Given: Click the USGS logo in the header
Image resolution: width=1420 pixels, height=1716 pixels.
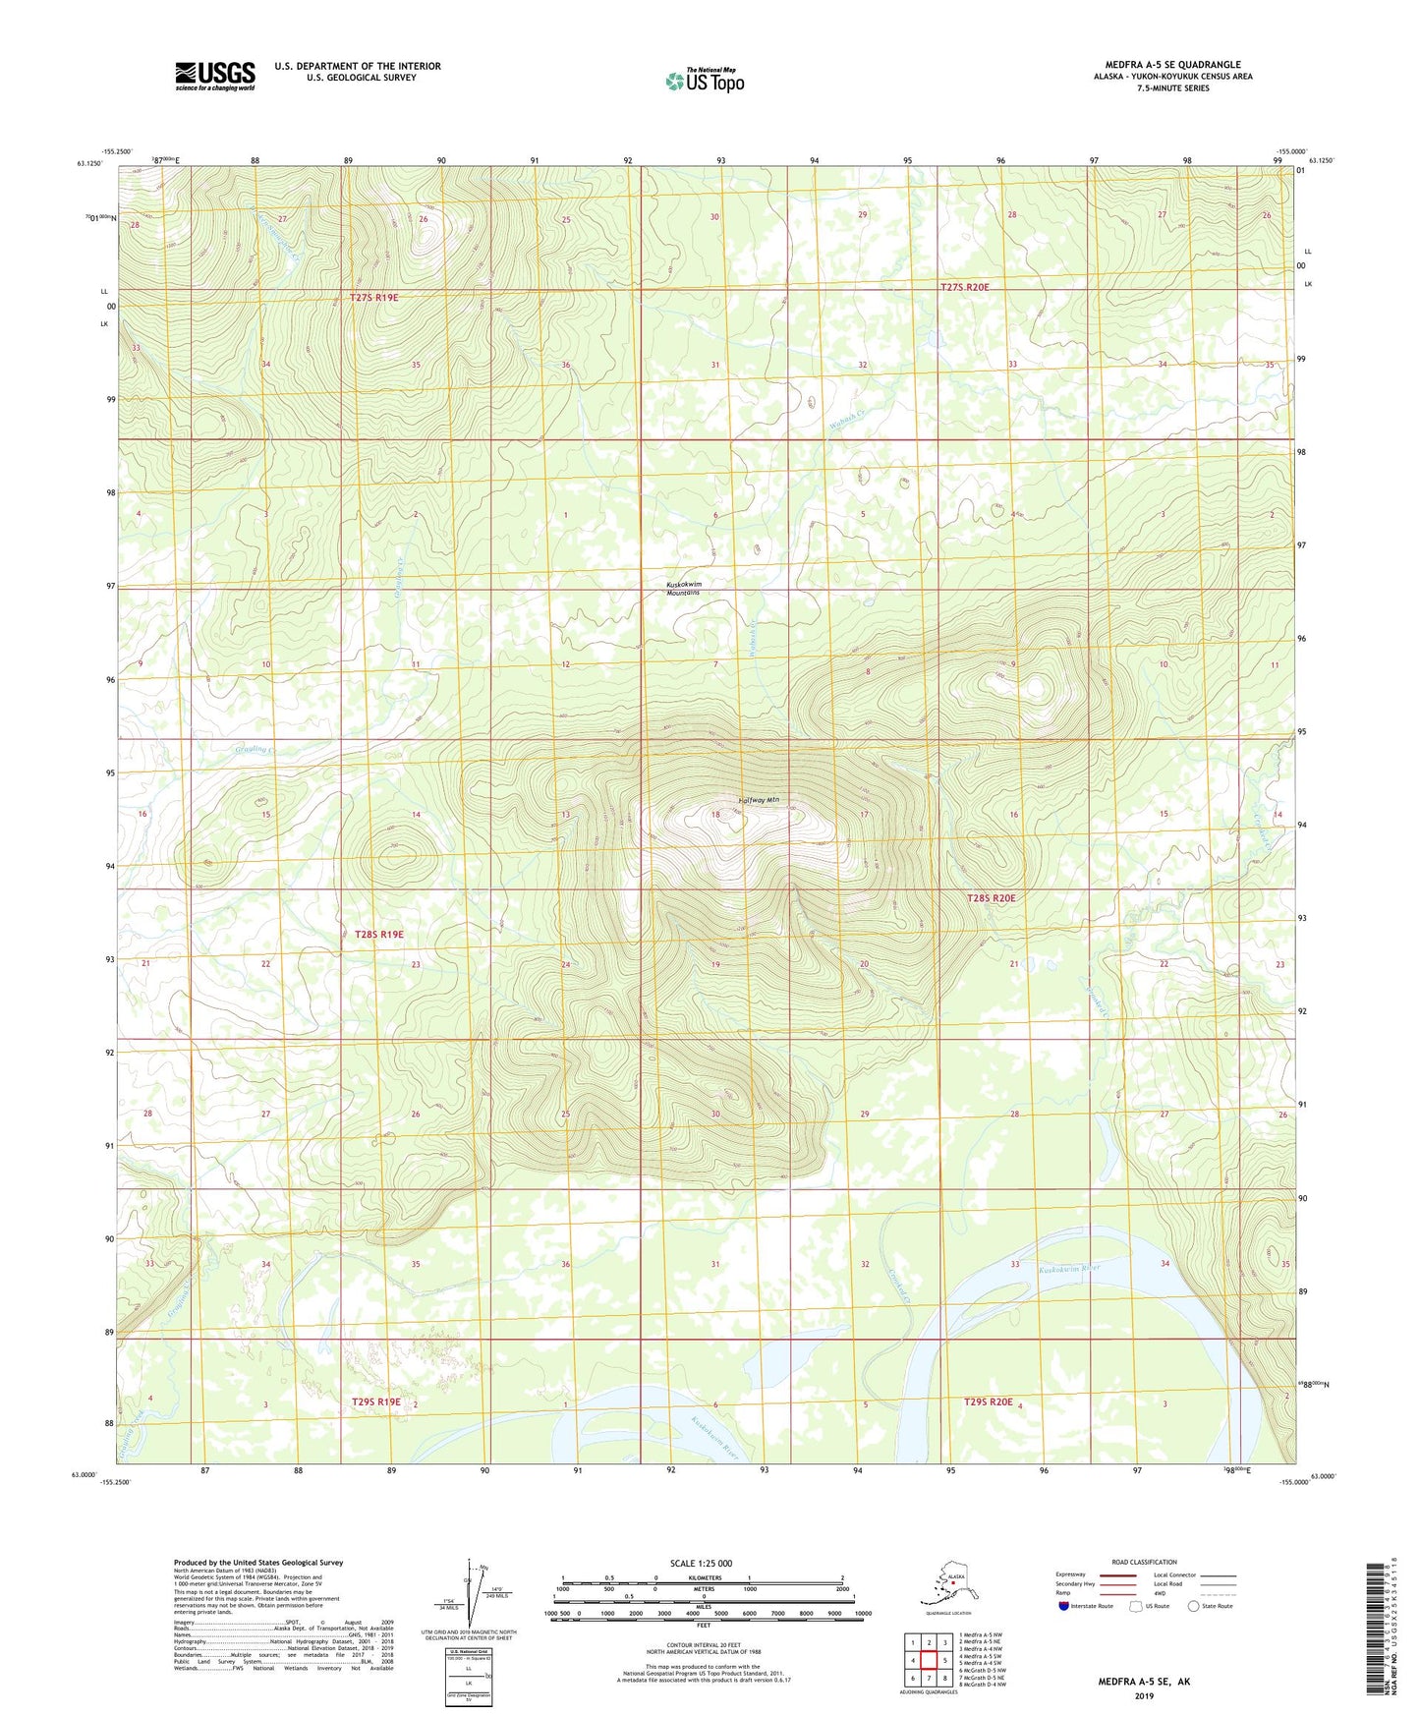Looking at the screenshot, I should pyautogui.click(x=214, y=76).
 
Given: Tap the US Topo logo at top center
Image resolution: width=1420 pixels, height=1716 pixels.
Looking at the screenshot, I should pyautogui.click(x=704, y=81).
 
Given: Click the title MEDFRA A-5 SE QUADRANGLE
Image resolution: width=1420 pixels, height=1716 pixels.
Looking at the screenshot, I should pyautogui.click(x=1172, y=65).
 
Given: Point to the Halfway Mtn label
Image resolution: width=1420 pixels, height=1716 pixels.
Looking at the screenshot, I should pyautogui.click(x=758, y=800).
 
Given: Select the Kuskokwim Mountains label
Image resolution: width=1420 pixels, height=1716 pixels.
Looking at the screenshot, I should pyautogui.click(x=684, y=589).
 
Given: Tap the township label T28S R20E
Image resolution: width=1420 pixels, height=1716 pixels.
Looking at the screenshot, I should pyautogui.click(x=991, y=897).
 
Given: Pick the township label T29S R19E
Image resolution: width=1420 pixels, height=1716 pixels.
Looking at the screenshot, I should pyautogui.click(x=376, y=1401).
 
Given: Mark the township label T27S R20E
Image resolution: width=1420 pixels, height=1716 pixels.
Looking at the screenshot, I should pyautogui.click(x=964, y=287).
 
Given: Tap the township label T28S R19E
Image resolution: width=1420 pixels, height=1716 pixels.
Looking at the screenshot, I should pyautogui.click(x=379, y=934).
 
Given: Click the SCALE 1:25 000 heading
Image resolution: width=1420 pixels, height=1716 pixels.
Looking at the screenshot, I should pyautogui.click(x=701, y=1563).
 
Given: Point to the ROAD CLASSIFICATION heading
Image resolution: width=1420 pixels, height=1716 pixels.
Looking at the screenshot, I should pyautogui.click(x=1144, y=1562).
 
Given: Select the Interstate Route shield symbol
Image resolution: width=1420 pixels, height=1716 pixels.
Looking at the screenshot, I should pyautogui.click(x=1063, y=1606).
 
